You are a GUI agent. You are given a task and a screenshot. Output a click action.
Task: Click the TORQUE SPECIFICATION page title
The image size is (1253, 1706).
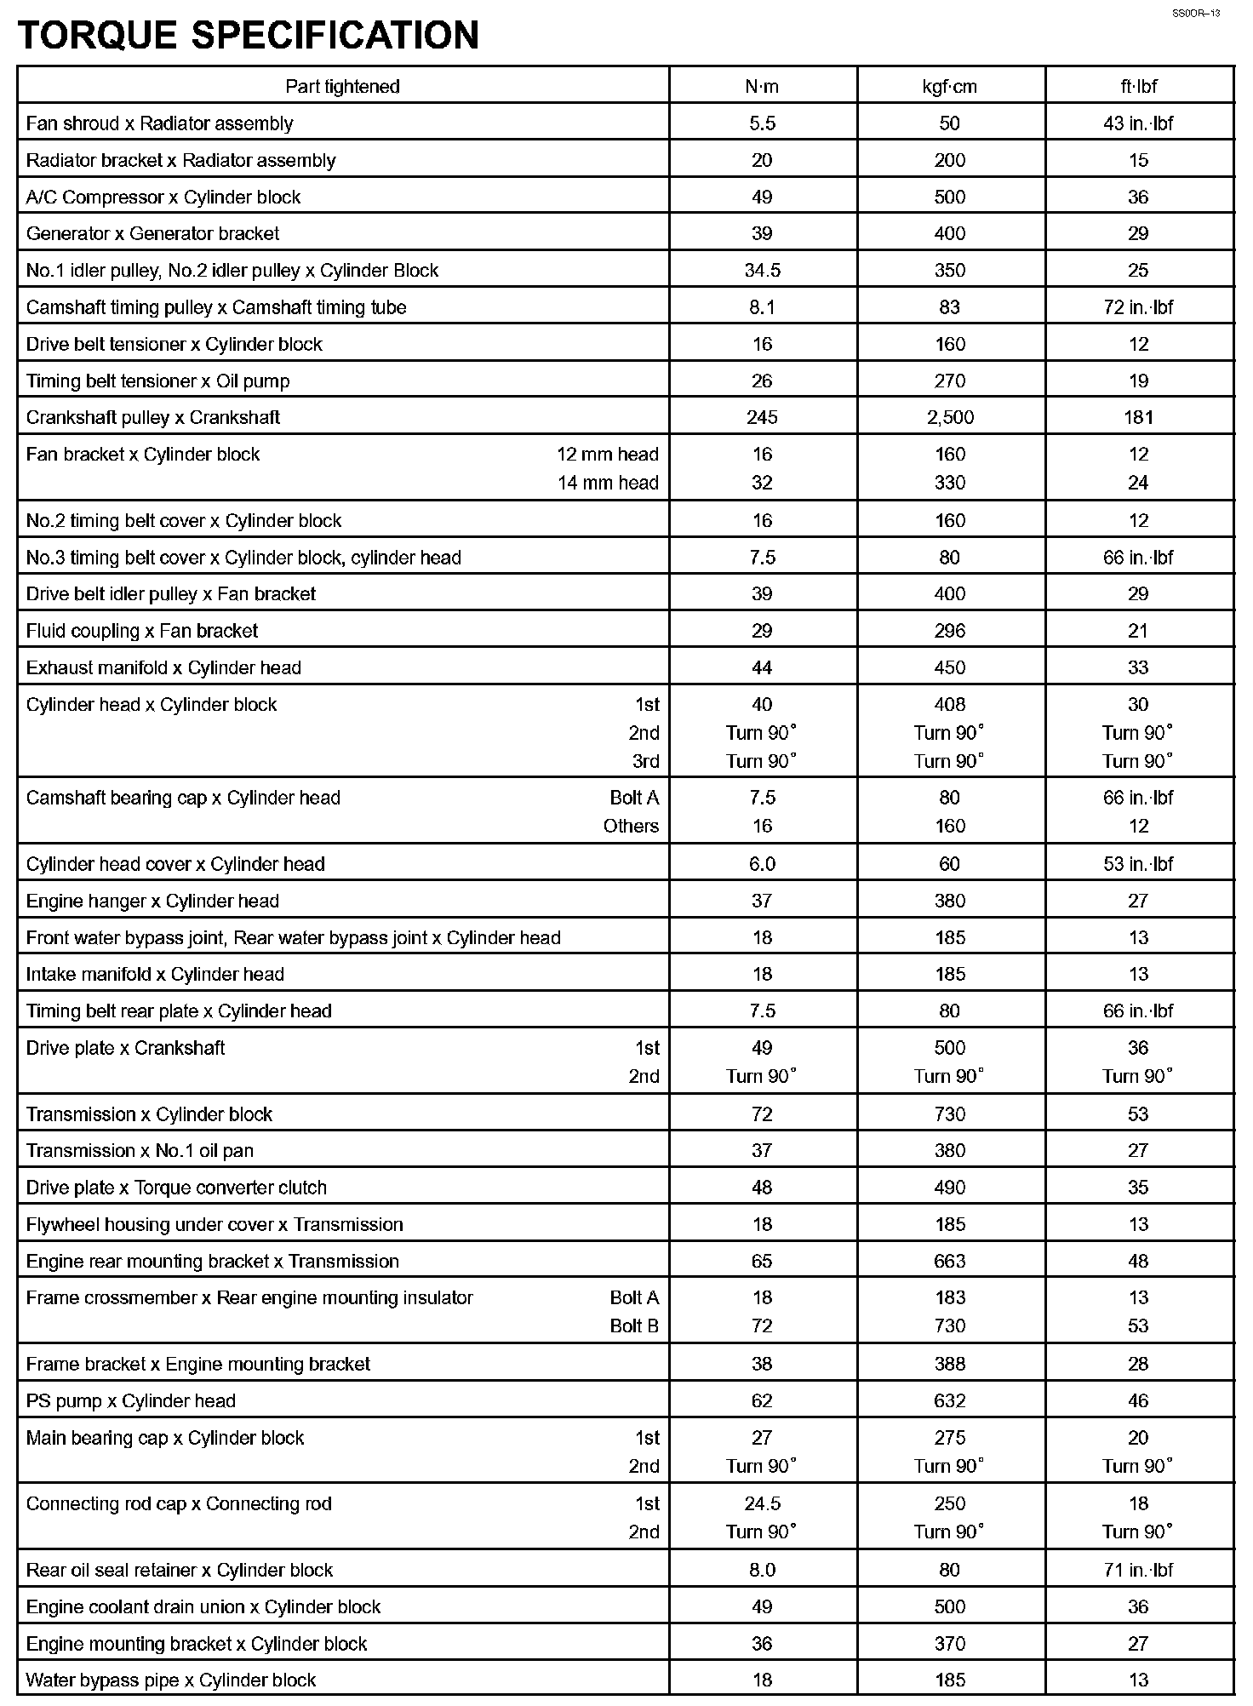(248, 36)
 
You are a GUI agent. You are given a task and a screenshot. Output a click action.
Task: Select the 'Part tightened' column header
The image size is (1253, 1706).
(342, 86)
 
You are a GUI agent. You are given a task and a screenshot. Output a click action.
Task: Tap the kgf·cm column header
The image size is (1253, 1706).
(950, 86)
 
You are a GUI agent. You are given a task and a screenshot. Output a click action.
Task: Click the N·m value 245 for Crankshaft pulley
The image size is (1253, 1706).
(762, 417)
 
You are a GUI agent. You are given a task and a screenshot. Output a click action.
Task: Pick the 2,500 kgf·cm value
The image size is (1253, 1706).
(950, 417)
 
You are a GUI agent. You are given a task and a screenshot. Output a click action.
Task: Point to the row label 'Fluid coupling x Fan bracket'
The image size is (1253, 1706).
(142, 631)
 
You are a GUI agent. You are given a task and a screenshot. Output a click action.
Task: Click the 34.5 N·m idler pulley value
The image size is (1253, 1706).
(762, 271)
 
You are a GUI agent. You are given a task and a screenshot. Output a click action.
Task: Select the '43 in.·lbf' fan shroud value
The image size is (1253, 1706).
(1138, 123)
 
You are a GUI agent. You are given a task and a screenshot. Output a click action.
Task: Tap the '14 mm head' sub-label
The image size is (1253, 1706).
(608, 483)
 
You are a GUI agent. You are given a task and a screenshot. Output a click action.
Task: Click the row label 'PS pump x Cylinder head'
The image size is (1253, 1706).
(131, 1400)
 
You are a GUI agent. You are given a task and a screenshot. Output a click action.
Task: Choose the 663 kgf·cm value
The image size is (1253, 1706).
(950, 1261)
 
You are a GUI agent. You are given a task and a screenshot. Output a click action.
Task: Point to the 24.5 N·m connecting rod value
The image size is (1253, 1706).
(762, 1503)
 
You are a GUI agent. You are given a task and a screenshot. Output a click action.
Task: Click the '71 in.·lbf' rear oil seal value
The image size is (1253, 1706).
(1138, 1570)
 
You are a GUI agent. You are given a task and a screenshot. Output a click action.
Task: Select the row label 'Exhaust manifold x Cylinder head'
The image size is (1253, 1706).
(163, 667)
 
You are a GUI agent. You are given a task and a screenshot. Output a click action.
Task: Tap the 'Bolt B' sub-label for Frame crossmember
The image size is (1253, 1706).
(634, 1325)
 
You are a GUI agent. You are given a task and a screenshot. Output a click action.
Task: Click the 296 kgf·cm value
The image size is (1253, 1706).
(950, 631)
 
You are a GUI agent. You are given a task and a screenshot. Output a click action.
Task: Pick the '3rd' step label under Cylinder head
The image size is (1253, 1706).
(646, 760)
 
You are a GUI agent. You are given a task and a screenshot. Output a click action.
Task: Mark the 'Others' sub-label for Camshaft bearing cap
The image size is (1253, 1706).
(631, 826)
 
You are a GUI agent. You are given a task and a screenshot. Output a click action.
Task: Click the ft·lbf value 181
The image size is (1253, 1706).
(1138, 417)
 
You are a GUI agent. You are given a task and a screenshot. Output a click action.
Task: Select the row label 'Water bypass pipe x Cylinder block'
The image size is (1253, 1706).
(171, 1680)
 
